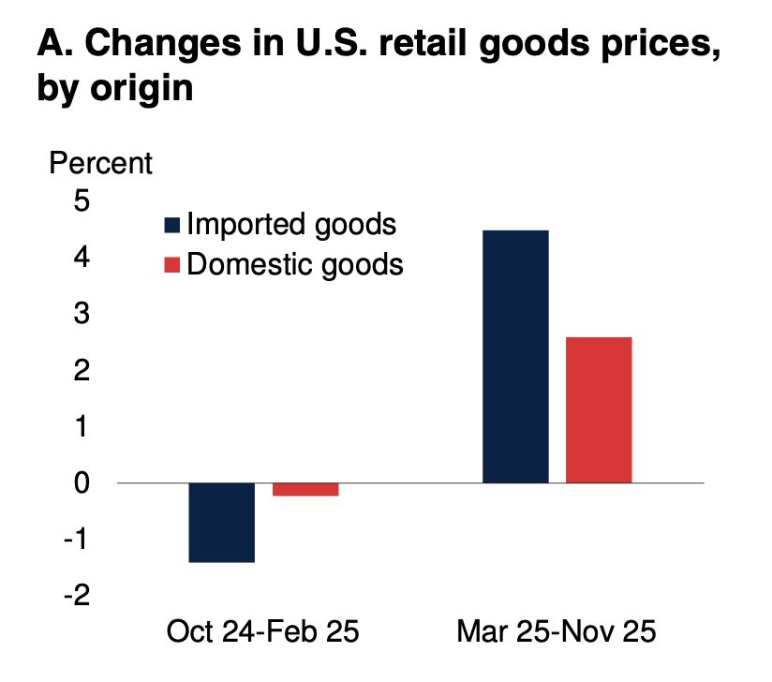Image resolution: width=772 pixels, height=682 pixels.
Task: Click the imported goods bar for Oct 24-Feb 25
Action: (222, 522)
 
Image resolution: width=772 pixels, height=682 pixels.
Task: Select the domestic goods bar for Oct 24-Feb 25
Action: (305, 489)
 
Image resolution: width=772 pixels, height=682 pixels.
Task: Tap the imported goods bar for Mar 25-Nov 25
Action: (515, 356)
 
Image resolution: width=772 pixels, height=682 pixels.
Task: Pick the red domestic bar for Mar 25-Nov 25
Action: (600, 409)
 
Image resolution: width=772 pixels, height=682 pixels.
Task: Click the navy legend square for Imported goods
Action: (171, 225)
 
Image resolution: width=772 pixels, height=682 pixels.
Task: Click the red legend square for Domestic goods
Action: (171, 265)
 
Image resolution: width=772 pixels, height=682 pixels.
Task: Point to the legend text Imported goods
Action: (291, 225)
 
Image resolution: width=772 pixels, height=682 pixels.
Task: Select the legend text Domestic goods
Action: (295, 265)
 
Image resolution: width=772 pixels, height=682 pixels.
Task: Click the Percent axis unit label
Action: (100, 163)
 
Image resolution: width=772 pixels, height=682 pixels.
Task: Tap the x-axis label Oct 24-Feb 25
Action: (263, 630)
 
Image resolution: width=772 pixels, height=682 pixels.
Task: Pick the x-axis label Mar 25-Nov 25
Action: (557, 630)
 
